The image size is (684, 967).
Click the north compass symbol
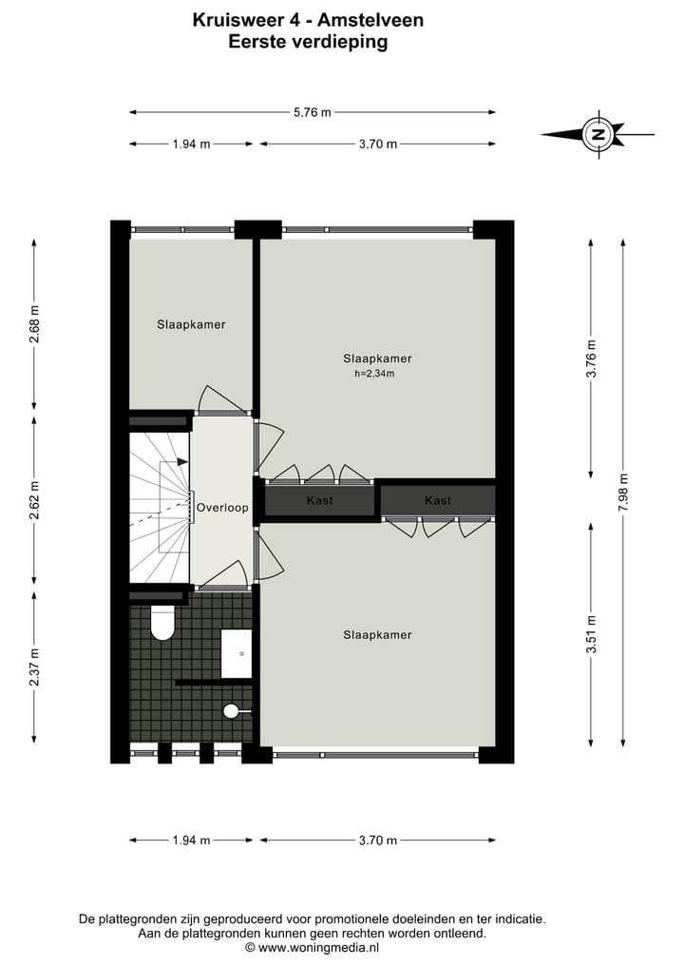(x=598, y=134)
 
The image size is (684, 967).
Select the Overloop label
(x=222, y=508)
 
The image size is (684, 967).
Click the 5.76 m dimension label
(x=313, y=112)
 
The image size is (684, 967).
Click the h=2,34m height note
(x=373, y=374)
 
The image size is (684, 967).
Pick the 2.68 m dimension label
(x=35, y=323)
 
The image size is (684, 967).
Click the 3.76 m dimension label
(x=591, y=359)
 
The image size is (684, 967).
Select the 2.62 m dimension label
(x=35, y=501)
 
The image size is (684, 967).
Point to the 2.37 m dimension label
(x=35, y=667)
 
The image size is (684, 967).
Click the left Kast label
(x=319, y=500)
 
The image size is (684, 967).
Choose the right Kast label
(x=438, y=500)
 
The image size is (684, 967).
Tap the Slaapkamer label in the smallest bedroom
(x=191, y=324)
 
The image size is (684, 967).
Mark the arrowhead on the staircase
(x=182, y=463)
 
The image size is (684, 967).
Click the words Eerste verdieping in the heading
(x=308, y=42)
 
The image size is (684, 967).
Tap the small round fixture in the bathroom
(x=231, y=710)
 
